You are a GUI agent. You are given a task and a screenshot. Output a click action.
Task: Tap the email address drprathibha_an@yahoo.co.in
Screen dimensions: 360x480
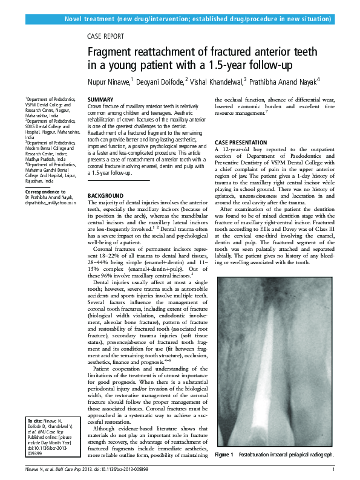tap(51, 204)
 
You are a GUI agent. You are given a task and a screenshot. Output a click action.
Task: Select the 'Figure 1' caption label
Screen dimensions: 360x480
tap(224, 454)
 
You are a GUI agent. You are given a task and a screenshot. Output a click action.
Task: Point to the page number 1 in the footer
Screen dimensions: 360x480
tap(333, 469)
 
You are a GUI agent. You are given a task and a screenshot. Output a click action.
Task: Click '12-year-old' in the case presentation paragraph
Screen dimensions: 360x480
tap(235, 149)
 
